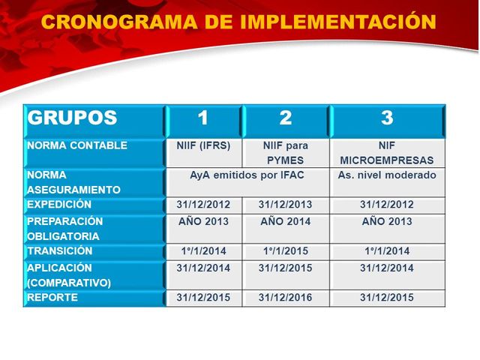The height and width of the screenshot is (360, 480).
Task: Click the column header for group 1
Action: tap(203, 118)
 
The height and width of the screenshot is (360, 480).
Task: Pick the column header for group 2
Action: tap(286, 118)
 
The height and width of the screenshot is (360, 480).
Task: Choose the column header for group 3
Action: tap(387, 118)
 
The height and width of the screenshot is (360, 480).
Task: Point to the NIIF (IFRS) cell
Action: tap(203, 145)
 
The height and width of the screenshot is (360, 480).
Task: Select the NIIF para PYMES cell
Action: tap(286, 152)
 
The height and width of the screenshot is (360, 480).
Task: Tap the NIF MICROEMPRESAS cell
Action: tap(387, 152)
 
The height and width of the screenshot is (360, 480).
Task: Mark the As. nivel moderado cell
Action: tap(387, 175)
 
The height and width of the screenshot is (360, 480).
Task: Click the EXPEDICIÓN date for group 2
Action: tap(286, 204)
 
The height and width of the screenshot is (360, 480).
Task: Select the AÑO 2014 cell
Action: tap(286, 222)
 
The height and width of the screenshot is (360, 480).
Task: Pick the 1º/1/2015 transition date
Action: tap(286, 251)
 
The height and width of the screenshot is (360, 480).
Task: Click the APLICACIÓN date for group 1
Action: tap(203, 268)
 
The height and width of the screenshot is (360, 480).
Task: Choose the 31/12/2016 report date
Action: tap(286, 298)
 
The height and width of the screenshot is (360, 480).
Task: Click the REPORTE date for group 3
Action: tap(387, 298)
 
